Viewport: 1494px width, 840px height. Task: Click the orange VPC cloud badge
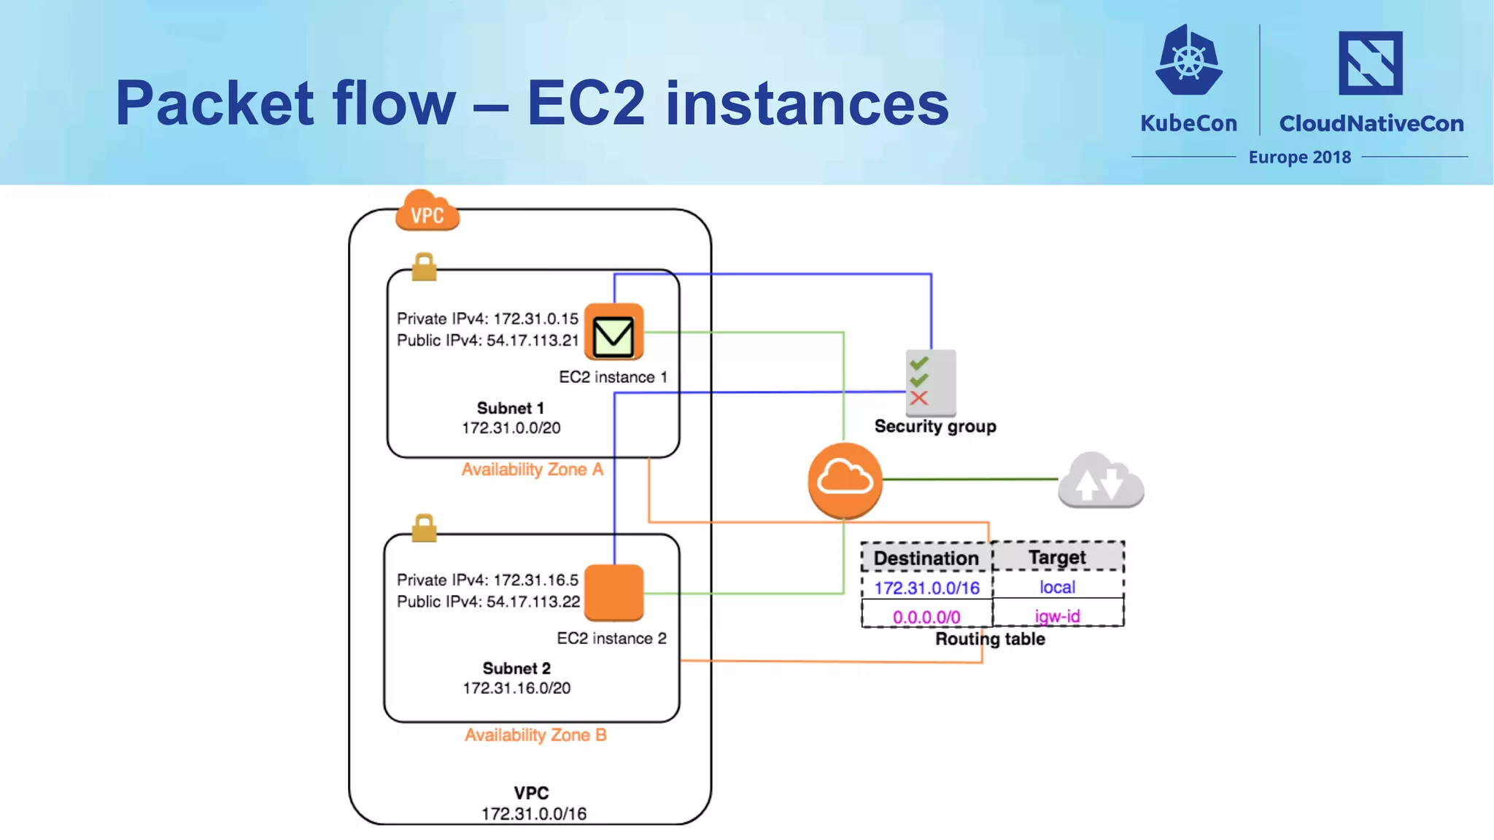coord(427,211)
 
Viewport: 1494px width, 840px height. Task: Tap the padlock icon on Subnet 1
coord(424,267)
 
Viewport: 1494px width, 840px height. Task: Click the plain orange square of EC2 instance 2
coord(614,592)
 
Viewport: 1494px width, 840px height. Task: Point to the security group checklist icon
coord(930,382)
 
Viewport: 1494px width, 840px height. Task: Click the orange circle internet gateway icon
coord(845,480)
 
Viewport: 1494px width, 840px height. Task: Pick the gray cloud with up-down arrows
coord(1101,481)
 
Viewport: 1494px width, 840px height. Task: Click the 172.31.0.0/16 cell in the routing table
coord(926,588)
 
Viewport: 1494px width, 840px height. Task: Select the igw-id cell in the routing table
coord(1057,616)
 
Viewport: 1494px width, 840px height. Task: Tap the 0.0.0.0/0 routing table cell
coord(926,617)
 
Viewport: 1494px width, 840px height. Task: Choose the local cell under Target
coord(1057,587)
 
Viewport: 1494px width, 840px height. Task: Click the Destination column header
coord(926,558)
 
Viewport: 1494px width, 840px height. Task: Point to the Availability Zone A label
coord(532,470)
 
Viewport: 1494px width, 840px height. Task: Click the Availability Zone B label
coord(535,735)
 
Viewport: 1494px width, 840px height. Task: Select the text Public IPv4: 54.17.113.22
coord(488,602)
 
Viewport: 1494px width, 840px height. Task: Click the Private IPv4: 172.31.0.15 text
coord(487,319)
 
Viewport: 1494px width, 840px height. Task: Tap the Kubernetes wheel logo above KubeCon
coord(1188,61)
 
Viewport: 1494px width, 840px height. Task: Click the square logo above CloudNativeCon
coord(1370,63)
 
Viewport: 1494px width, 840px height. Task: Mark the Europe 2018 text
coord(1299,157)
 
